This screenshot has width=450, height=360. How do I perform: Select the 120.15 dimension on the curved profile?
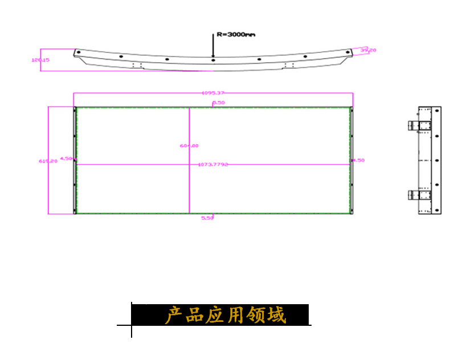click(x=40, y=59)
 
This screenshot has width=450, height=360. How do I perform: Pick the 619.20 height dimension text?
click(x=48, y=161)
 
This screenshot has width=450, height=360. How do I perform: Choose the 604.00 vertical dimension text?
click(x=189, y=146)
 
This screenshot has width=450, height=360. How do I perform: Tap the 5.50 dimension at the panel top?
click(x=219, y=103)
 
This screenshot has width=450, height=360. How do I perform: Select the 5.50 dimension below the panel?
click(x=207, y=218)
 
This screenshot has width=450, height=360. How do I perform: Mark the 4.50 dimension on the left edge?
click(x=66, y=158)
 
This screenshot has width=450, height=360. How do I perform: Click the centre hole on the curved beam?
click(x=212, y=59)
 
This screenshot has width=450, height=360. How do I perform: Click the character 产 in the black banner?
click(x=173, y=315)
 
